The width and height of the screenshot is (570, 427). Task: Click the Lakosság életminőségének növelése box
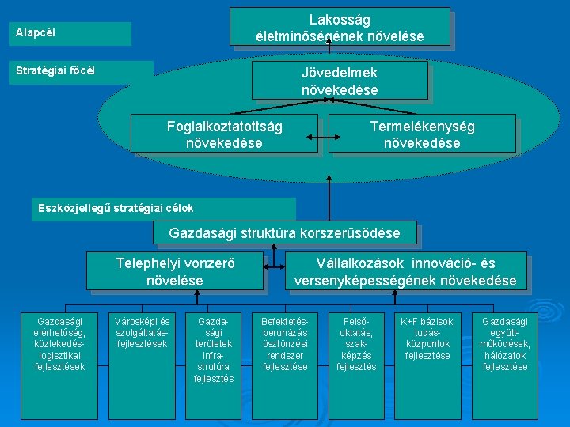click(340, 27)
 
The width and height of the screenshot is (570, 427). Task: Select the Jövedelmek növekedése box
click(340, 81)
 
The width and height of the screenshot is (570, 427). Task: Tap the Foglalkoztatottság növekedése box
click(225, 134)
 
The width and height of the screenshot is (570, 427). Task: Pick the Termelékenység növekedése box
click(422, 134)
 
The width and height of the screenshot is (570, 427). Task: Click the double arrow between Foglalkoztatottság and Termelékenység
click(324, 141)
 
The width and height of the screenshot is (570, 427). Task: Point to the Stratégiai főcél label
click(79, 70)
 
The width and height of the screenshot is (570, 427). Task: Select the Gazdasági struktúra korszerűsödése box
click(285, 233)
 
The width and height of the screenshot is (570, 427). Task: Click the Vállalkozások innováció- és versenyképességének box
click(405, 271)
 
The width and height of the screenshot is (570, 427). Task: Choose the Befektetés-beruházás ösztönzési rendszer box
click(285, 345)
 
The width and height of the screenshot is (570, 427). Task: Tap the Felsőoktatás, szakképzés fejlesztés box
click(356, 345)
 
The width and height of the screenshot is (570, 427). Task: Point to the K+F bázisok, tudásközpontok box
click(427, 339)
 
